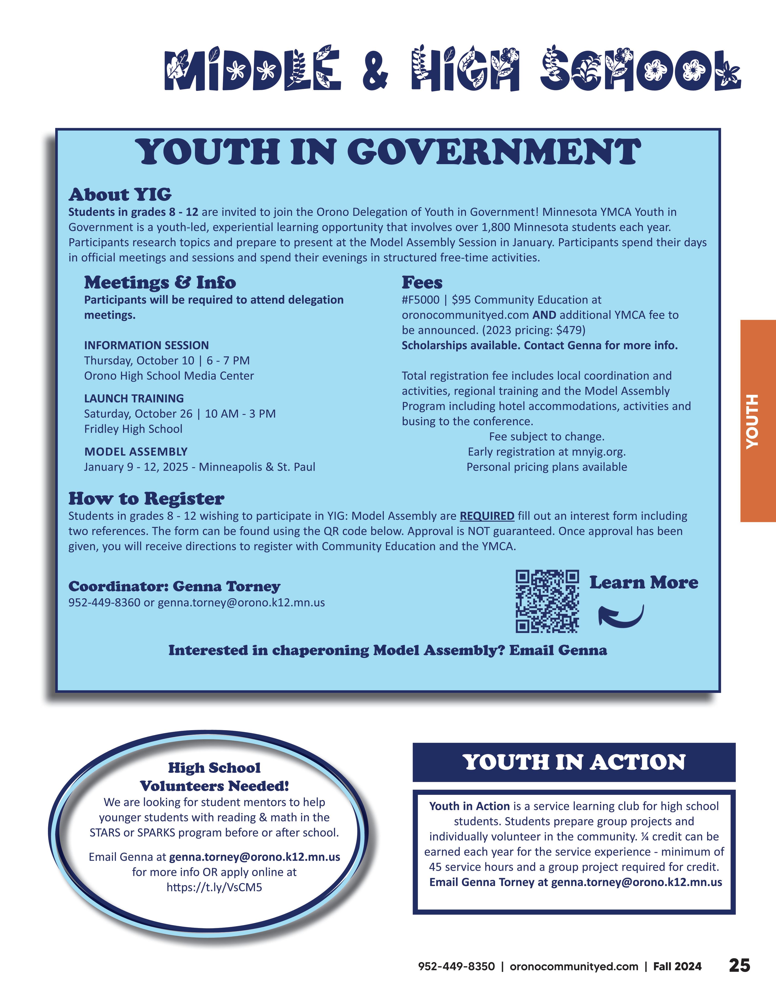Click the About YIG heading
[120, 195]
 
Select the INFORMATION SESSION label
[146, 345]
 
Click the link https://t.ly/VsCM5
[214, 887]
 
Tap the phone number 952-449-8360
[104, 602]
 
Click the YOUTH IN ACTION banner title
[574, 762]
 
